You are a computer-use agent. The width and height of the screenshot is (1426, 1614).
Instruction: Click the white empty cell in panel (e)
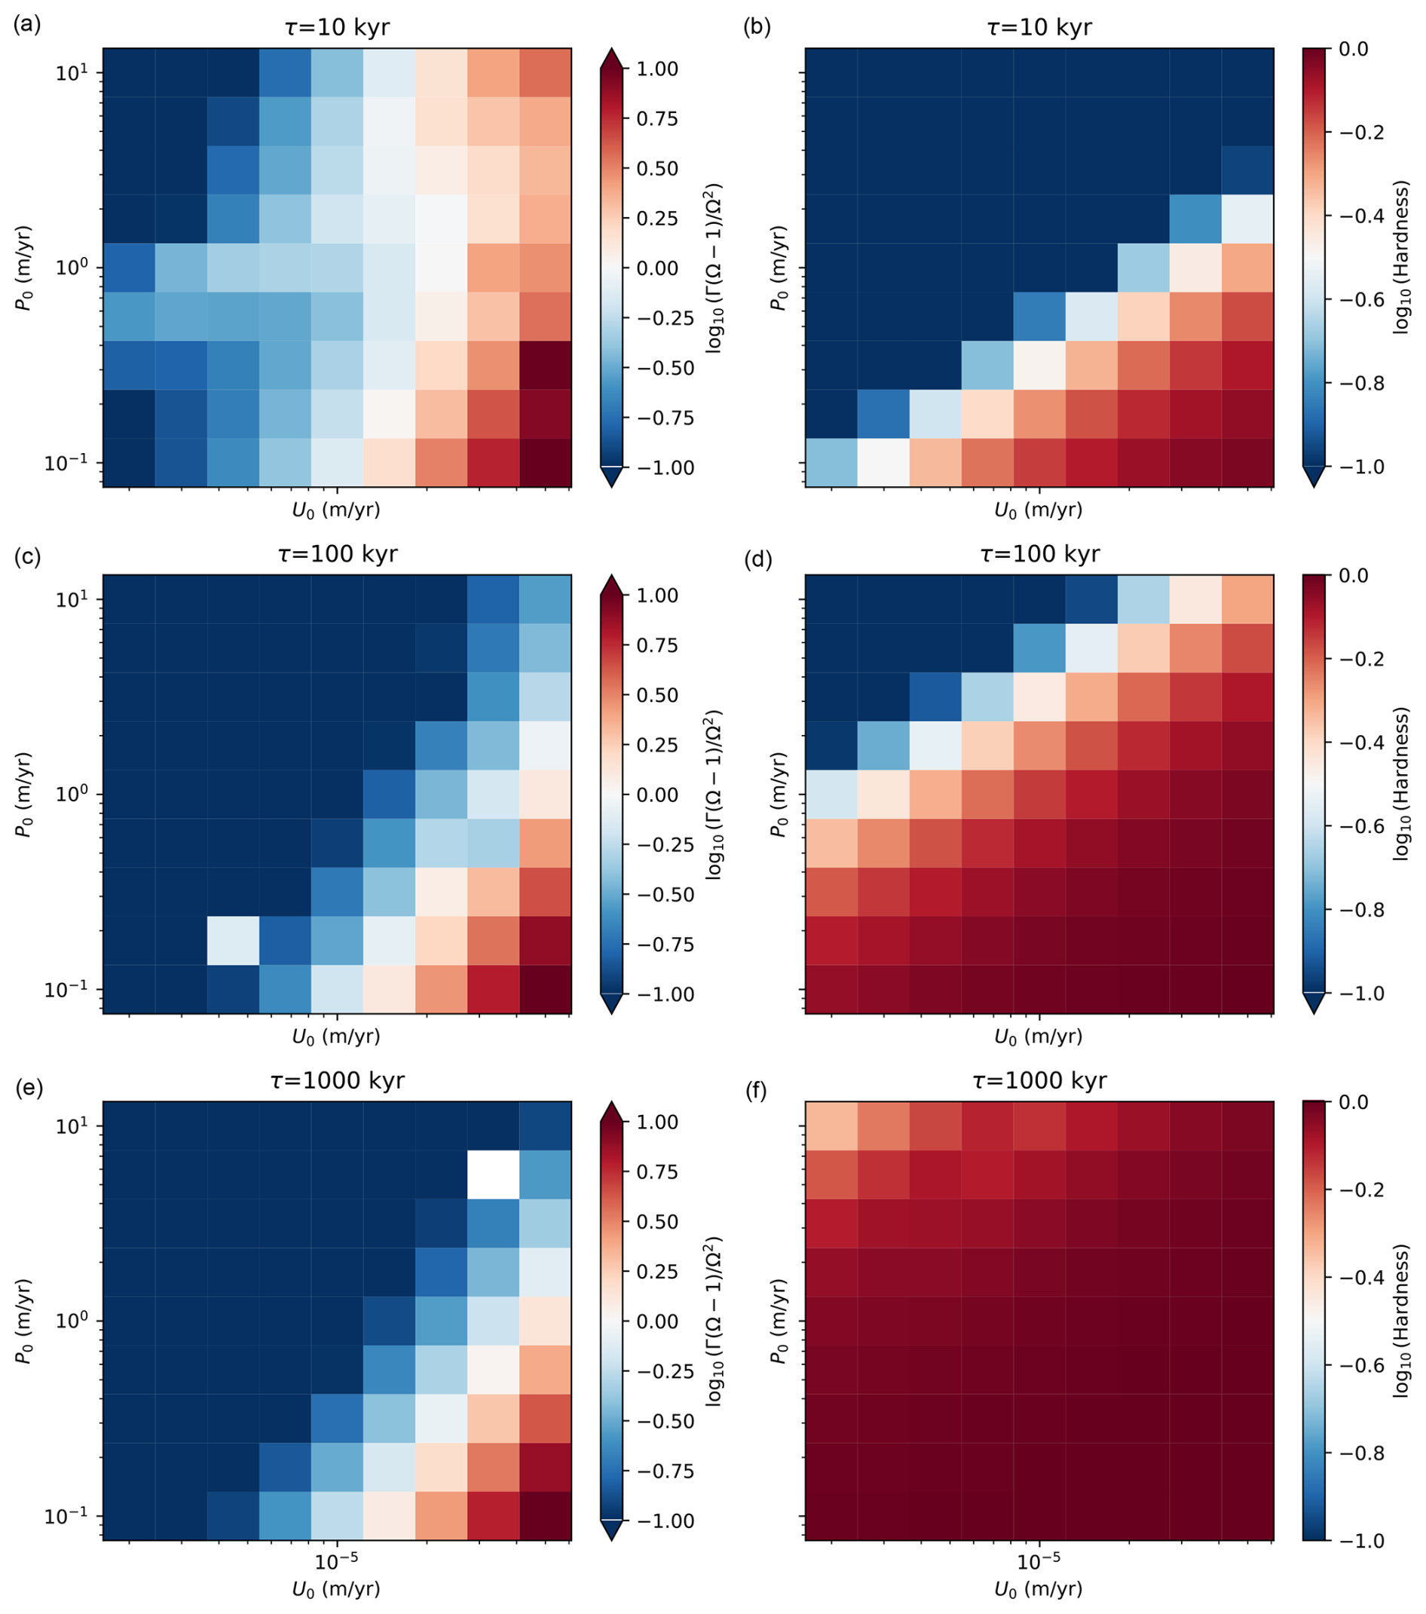(493, 1174)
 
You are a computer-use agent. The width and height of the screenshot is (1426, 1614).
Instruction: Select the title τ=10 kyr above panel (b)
(1039, 29)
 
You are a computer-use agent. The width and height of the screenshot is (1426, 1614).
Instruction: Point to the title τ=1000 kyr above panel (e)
(337, 1081)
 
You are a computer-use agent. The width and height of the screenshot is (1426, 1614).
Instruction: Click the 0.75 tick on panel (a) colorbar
(657, 118)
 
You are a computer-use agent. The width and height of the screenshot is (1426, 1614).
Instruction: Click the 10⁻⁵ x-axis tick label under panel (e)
(337, 1561)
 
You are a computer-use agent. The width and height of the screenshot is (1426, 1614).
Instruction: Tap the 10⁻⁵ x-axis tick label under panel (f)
(1039, 1561)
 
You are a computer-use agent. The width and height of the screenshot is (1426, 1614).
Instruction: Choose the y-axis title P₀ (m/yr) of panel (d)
(779, 795)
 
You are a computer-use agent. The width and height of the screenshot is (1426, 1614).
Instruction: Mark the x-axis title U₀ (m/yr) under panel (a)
(336, 511)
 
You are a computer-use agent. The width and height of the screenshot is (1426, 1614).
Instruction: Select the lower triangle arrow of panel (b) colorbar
(1314, 476)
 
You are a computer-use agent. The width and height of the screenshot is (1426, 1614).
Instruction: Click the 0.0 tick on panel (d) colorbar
(1354, 576)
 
